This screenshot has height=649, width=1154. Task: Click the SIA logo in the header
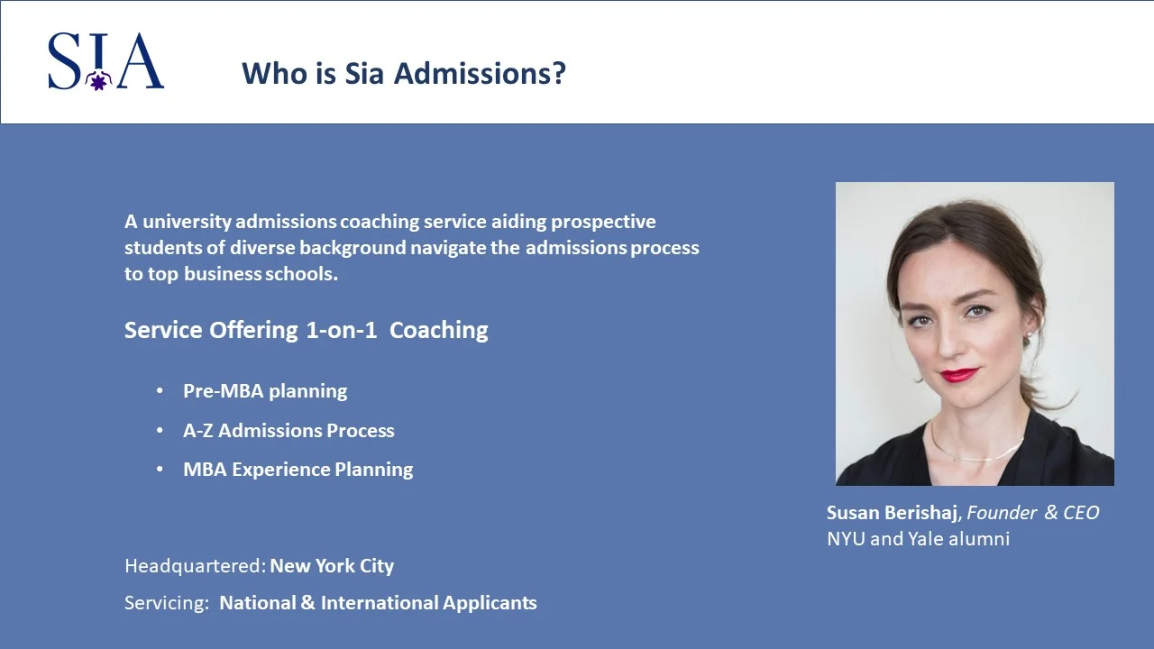105,61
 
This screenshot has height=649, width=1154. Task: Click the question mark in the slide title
559,73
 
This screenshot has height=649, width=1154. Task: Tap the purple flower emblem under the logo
96,82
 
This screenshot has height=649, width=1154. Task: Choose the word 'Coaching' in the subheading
439,330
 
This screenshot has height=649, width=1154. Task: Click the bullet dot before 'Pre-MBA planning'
160,391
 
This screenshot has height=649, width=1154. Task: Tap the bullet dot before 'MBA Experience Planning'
160,470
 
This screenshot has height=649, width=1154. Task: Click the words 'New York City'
332,566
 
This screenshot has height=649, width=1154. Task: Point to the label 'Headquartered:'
195,566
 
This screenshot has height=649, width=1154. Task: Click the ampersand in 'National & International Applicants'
307,603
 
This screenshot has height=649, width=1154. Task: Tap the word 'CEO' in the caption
1082,513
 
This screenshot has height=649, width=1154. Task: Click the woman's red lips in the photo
958,374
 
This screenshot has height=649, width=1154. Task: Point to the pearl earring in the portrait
1029,335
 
